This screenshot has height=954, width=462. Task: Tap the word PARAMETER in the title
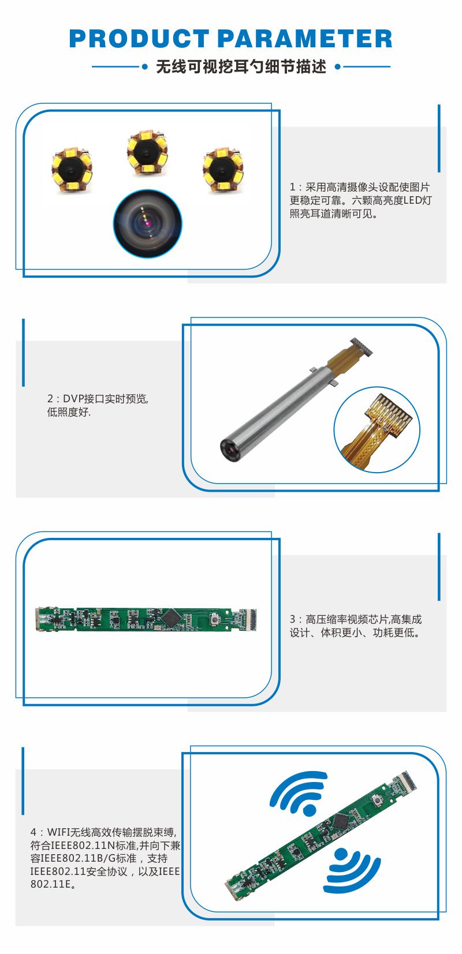pyautogui.click(x=305, y=39)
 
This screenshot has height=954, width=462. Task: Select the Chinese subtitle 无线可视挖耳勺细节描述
pyautogui.click(x=241, y=67)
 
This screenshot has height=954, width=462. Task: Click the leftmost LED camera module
pyautogui.click(x=72, y=169)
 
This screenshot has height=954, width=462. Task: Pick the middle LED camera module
pyautogui.click(x=147, y=152)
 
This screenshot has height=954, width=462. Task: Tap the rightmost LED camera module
pyautogui.click(x=223, y=170)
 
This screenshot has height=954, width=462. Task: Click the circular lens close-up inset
pyautogui.click(x=147, y=223)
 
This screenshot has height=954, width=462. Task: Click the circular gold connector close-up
pyautogui.click(x=377, y=430)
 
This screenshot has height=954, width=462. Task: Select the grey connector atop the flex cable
pyautogui.click(x=362, y=346)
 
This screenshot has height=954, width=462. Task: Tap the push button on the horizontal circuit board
pyautogui.click(x=216, y=618)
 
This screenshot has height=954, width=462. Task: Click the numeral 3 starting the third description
pyautogui.click(x=293, y=619)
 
